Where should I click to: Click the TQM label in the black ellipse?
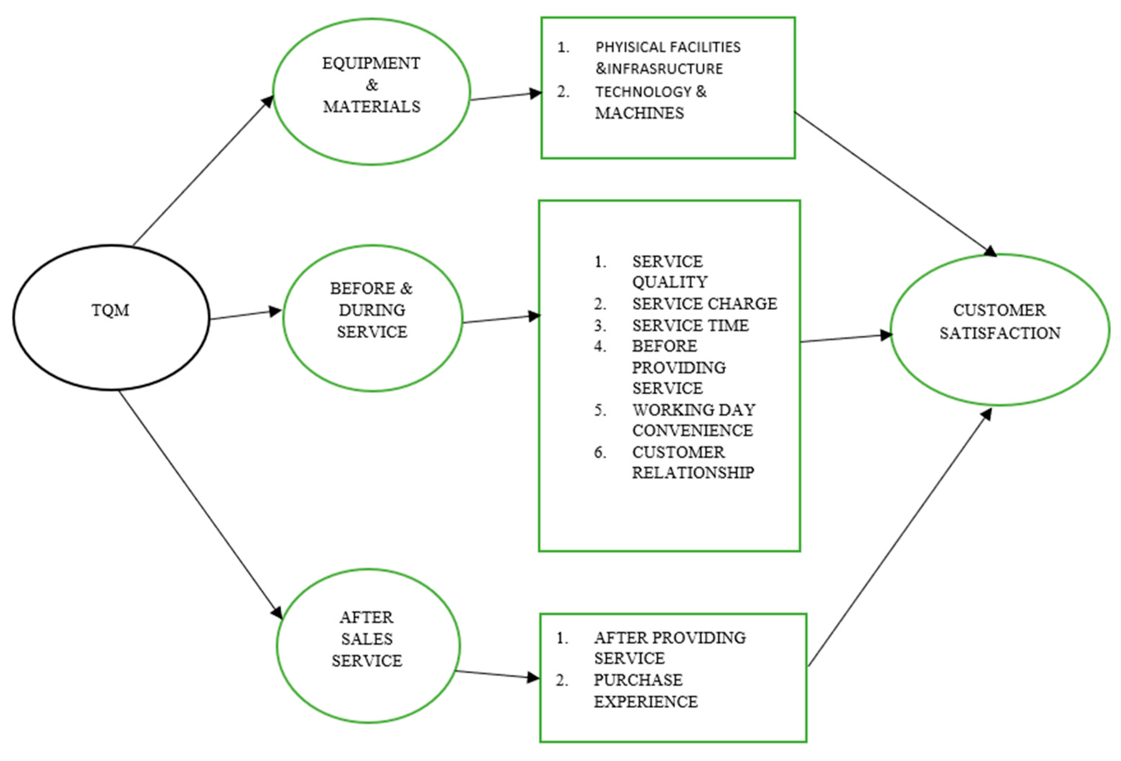click(x=111, y=310)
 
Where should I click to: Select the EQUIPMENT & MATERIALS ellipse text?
click(x=371, y=85)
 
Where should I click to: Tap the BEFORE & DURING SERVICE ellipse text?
click(x=371, y=310)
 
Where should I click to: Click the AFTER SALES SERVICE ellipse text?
click(x=367, y=638)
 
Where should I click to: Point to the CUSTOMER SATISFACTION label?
click(x=999, y=322)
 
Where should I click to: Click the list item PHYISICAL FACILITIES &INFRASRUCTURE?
click(x=668, y=57)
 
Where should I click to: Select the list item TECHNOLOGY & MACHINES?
click(x=650, y=102)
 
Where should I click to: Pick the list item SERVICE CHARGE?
click(x=704, y=304)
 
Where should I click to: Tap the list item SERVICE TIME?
click(x=690, y=326)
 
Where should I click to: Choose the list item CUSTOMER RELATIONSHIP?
click(x=693, y=462)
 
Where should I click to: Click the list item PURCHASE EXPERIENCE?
click(x=645, y=690)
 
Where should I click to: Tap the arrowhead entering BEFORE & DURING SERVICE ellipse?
click(x=275, y=311)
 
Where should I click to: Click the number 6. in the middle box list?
click(x=600, y=452)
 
